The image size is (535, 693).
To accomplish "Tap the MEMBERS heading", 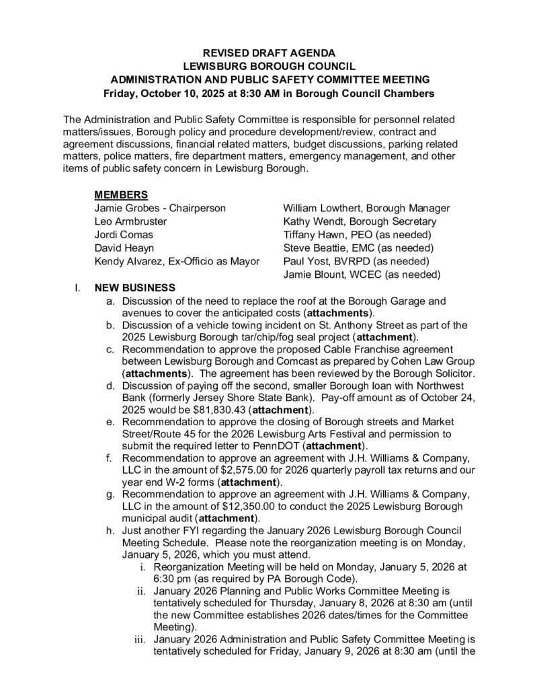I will [x=121, y=195].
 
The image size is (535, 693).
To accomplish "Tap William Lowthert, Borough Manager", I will [x=366, y=208].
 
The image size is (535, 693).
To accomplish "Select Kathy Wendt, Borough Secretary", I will [x=360, y=221].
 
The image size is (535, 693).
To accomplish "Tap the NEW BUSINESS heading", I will [x=135, y=287].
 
